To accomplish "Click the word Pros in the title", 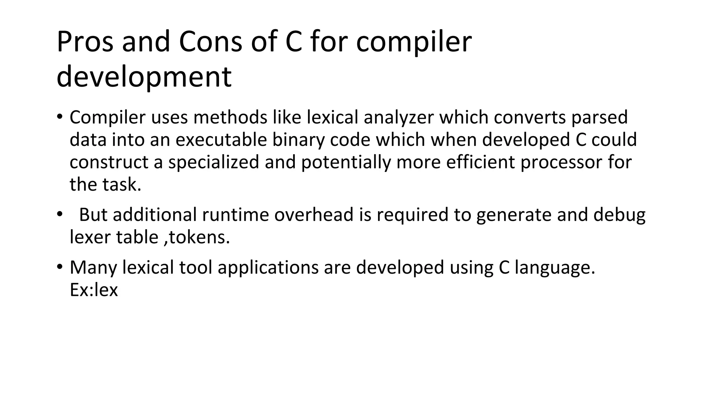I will [85, 42].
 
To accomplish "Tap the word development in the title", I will [144, 77].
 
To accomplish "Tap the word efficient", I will [480, 162].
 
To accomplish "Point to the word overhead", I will [314, 215].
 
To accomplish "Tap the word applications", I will [268, 268].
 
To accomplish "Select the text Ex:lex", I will [94, 290].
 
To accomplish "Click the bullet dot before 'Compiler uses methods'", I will [60, 116].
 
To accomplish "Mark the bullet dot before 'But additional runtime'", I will [60, 214].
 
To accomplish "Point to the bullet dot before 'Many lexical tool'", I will [60, 267].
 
